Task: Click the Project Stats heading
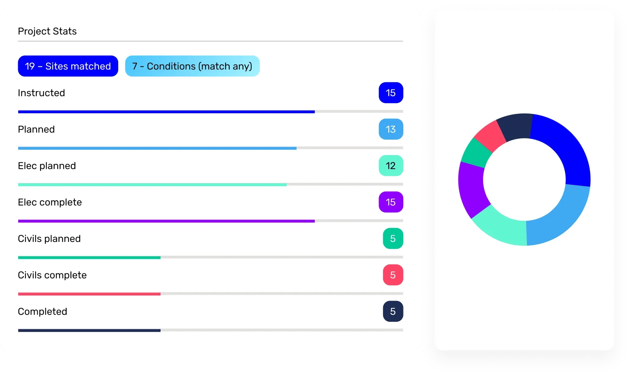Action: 47,31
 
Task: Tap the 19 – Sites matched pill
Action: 68,66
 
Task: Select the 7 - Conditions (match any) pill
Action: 192,66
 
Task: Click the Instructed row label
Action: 41,93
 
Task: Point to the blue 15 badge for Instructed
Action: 390,93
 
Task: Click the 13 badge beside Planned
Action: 390,129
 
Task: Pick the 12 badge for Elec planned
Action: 390,166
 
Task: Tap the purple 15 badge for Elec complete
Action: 390,202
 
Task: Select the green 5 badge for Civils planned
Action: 393,239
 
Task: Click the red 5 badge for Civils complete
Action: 393,275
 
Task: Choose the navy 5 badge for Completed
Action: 393,311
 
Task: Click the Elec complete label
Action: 50,202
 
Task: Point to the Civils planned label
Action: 49,239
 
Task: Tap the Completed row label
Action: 42,311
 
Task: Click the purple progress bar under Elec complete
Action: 166,221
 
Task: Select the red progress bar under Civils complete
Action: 89,294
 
